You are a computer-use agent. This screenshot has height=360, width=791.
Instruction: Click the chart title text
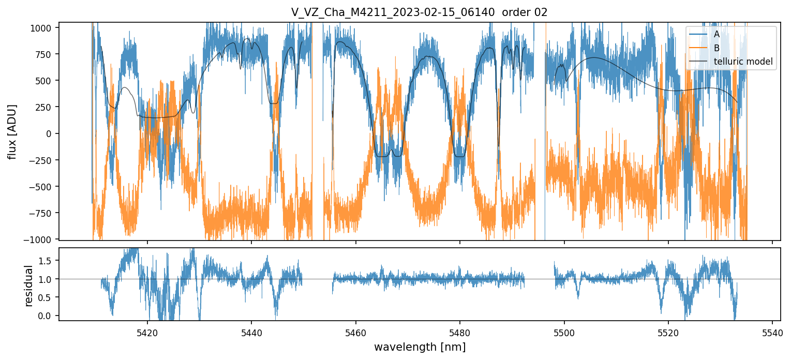(419, 13)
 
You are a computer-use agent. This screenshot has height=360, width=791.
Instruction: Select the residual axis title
(29, 286)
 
